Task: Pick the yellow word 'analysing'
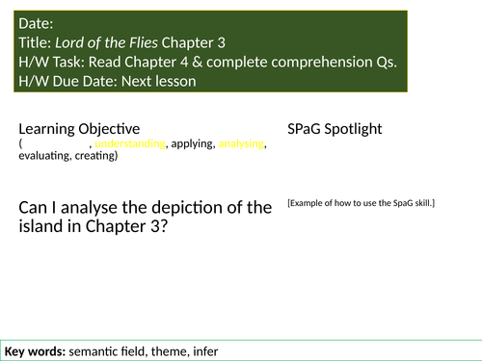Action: click(241, 144)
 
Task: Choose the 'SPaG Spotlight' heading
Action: click(335, 128)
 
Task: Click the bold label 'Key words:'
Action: click(35, 348)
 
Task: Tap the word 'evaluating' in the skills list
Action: click(42, 156)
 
